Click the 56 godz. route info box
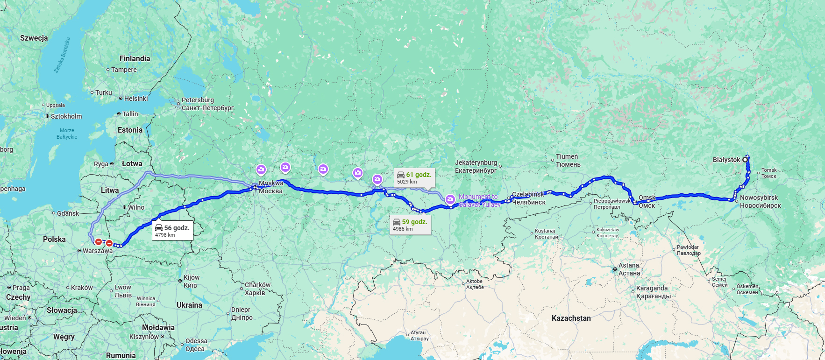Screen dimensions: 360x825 (172, 231)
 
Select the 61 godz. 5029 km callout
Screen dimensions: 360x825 (414, 177)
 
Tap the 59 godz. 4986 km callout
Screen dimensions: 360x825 (410, 225)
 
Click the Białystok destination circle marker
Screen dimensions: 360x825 (745, 160)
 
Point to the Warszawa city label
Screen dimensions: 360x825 (97, 251)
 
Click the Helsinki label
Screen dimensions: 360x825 (135, 99)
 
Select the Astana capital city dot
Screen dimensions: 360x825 (615, 269)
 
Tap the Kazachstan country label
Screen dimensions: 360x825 (571, 318)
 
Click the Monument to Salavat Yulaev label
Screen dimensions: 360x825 (479, 200)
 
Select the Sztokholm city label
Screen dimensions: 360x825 (66, 116)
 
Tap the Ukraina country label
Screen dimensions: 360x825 (189, 305)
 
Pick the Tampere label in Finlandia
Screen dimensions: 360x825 (124, 70)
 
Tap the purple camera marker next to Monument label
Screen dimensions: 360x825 (450, 199)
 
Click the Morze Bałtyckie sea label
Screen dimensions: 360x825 (67, 134)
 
